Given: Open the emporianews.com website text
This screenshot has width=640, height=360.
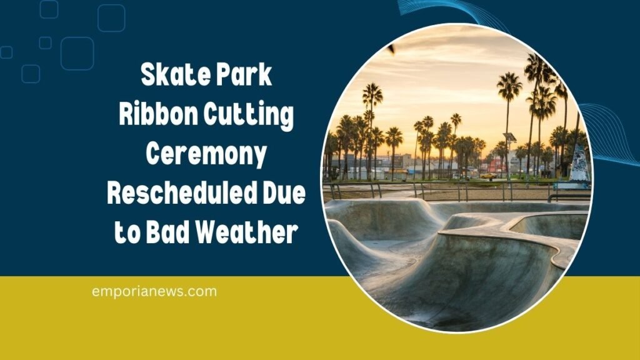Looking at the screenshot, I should pos(154,291).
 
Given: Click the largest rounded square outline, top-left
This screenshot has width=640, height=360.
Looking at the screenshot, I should pos(77,53).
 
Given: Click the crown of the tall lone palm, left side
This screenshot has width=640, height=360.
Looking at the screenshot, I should pos(372,95).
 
